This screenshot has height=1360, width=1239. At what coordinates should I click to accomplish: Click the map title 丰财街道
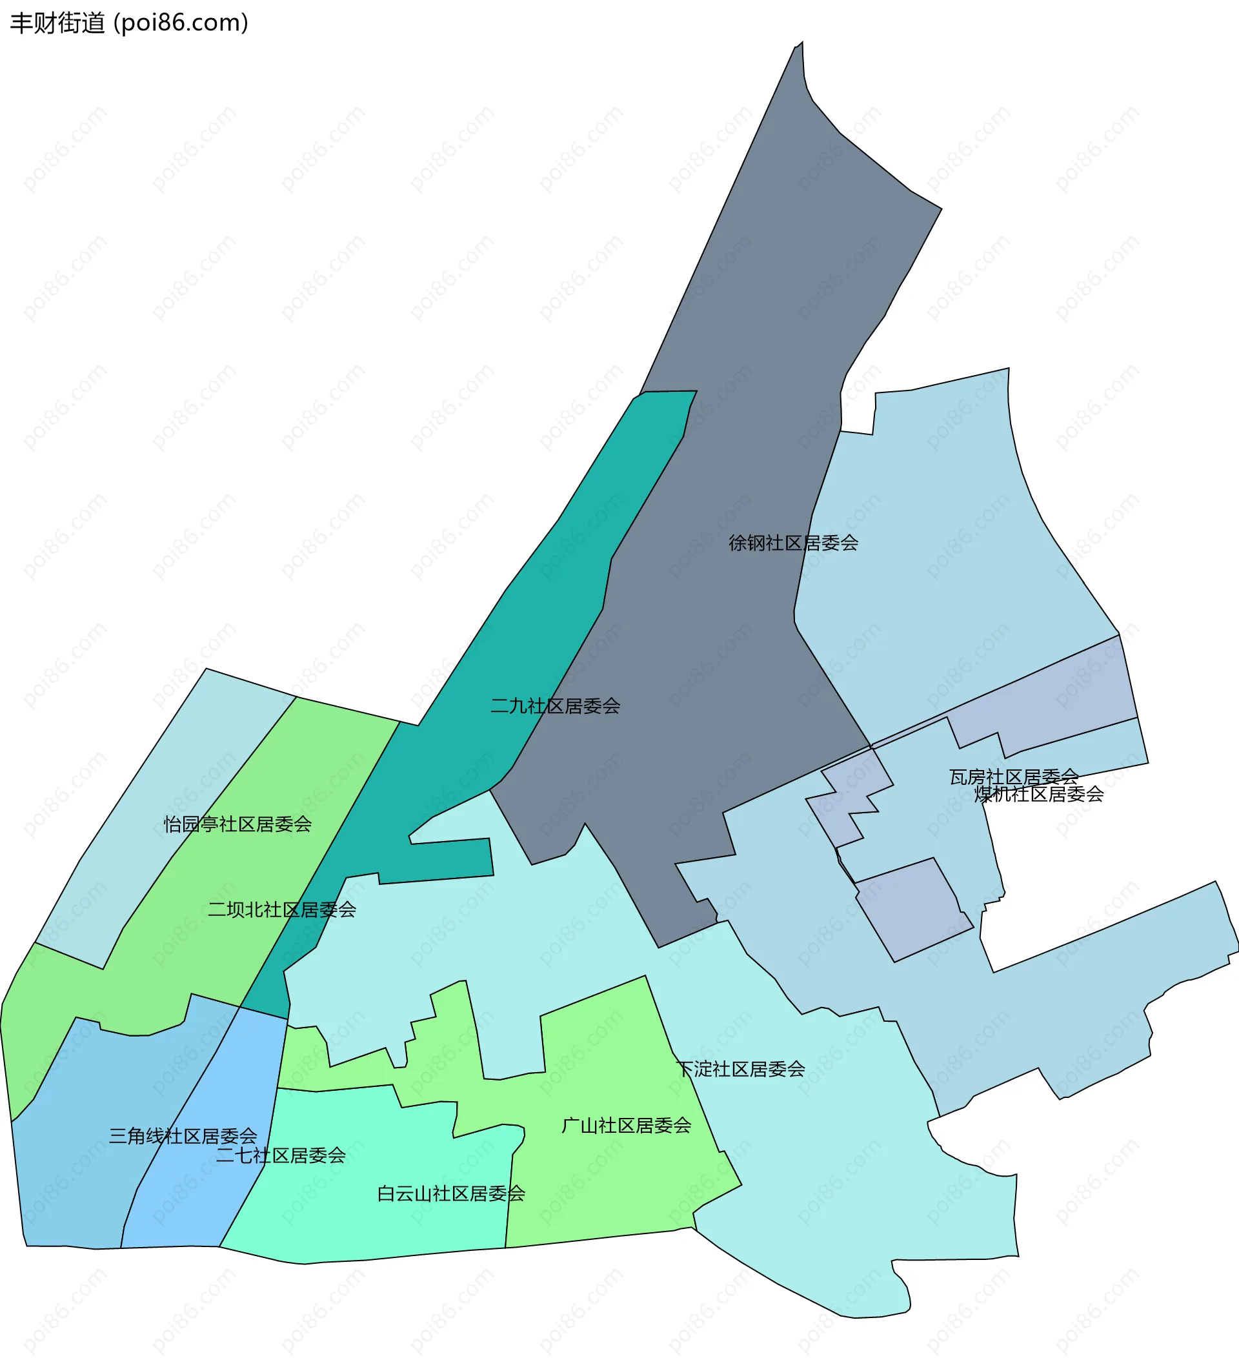[57, 23]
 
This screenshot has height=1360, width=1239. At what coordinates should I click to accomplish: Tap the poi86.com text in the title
[181, 23]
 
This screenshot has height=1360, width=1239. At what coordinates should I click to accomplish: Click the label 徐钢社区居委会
[793, 543]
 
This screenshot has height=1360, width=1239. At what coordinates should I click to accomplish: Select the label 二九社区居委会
[555, 706]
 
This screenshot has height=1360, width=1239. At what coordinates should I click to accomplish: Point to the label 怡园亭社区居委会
[237, 824]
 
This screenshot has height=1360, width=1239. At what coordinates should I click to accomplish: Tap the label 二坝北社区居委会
[281, 910]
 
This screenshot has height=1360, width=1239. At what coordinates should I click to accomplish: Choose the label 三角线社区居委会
[183, 1137]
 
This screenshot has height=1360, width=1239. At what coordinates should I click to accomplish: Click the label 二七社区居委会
[281, 1155]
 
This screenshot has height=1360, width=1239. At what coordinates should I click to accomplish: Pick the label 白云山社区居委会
[450, 1194]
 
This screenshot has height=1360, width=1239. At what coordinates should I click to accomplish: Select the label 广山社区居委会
[626, 1125]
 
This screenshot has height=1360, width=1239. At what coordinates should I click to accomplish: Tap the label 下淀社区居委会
[740, 1070]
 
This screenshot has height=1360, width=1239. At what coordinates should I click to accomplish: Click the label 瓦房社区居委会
[1014, 777]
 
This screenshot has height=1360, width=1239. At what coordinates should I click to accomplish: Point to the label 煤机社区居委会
[1039, 795]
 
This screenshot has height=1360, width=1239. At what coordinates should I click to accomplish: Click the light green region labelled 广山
[607, 1187]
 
